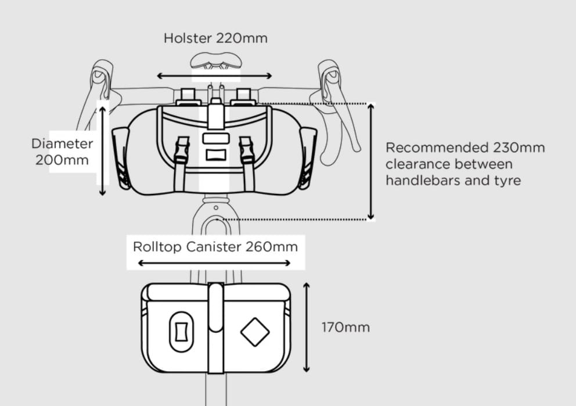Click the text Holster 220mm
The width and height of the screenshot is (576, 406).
coord(215,38)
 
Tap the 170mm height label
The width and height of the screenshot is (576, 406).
coord(345,328)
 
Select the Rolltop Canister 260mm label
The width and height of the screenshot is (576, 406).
coord(215,246)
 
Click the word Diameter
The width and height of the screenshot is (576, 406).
coord(62,143)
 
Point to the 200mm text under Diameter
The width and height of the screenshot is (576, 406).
coord(62,160)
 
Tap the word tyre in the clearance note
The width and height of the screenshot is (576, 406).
coord(507,181)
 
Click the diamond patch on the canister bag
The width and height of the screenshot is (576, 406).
coord(255,332)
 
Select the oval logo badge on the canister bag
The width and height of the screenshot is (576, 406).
coord(181,332)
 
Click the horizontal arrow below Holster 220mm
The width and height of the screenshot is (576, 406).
coord(214,76)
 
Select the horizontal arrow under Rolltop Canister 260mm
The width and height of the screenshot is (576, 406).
coord(214,263)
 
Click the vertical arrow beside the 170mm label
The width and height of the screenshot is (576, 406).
coord(307,328)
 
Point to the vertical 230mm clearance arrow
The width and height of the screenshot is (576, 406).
coord(371,161)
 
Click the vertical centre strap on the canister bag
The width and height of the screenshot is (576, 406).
coord(216,328)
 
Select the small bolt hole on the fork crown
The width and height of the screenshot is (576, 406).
coord(216,208)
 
